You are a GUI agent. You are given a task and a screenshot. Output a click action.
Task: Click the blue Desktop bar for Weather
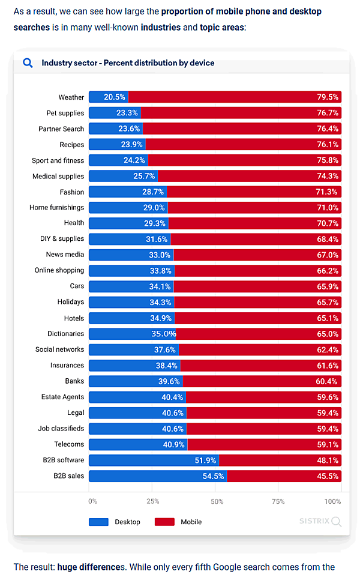click(108, 97)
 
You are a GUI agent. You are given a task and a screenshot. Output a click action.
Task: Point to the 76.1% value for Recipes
click(328, 145)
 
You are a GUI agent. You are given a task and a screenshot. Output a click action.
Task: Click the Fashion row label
click(71, 192)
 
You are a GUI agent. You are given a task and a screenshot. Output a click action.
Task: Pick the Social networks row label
click(59, 349)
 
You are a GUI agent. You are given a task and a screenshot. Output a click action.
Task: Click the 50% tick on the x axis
click(217, 501)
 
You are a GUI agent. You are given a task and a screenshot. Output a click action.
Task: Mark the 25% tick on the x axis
click(152, 501)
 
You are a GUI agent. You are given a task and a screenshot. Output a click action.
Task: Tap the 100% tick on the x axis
click(332, 501)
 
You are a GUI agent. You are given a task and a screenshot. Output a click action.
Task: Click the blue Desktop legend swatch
click(98, 522)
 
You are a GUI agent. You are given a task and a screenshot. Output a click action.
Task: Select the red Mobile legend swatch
click(164, 522)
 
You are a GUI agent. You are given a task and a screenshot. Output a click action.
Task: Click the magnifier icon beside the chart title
click(28, 62)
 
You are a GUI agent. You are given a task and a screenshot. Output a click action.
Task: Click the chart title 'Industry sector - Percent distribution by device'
click(128, 63)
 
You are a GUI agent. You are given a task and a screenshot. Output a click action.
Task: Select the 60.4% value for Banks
click(328, 381)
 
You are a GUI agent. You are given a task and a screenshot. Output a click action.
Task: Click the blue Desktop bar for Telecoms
click(138, 444)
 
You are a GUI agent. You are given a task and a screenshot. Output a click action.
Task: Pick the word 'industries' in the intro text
click(161, 28)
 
